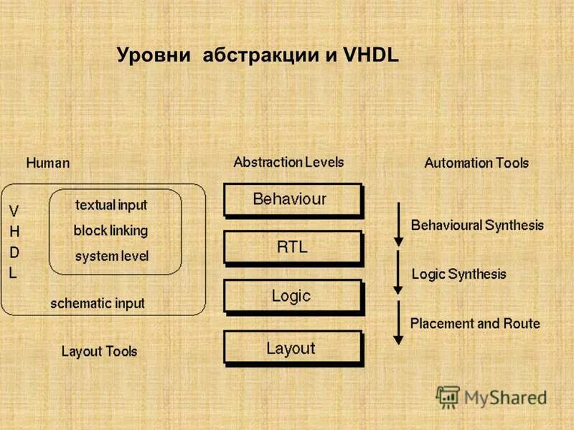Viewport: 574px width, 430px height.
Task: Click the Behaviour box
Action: [x=293, y=199]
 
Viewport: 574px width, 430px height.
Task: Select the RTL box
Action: [x=293, y=248]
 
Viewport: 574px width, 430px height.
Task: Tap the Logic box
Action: [x=293, y=296]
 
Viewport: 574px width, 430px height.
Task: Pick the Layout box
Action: [x=293, y=349]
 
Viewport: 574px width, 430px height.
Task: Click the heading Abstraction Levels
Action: [x=288, y=162]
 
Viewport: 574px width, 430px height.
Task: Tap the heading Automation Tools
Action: [x=476, y=163]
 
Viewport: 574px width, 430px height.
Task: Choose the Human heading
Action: [x=48, y=163]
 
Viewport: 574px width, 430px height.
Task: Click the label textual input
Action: [x=111, y=205]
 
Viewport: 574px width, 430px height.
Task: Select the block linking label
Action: [x=110, y=231]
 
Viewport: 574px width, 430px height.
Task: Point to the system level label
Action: [x=112, y=256]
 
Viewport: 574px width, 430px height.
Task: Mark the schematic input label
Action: [x=97, y=303]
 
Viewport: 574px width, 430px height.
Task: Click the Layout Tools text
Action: [x=99, y=351]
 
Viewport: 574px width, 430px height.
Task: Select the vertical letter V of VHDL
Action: [x=14, y=211]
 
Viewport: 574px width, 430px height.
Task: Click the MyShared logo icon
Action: [x=448, y=396]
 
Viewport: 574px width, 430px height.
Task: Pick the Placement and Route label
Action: [x=475, y=323]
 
